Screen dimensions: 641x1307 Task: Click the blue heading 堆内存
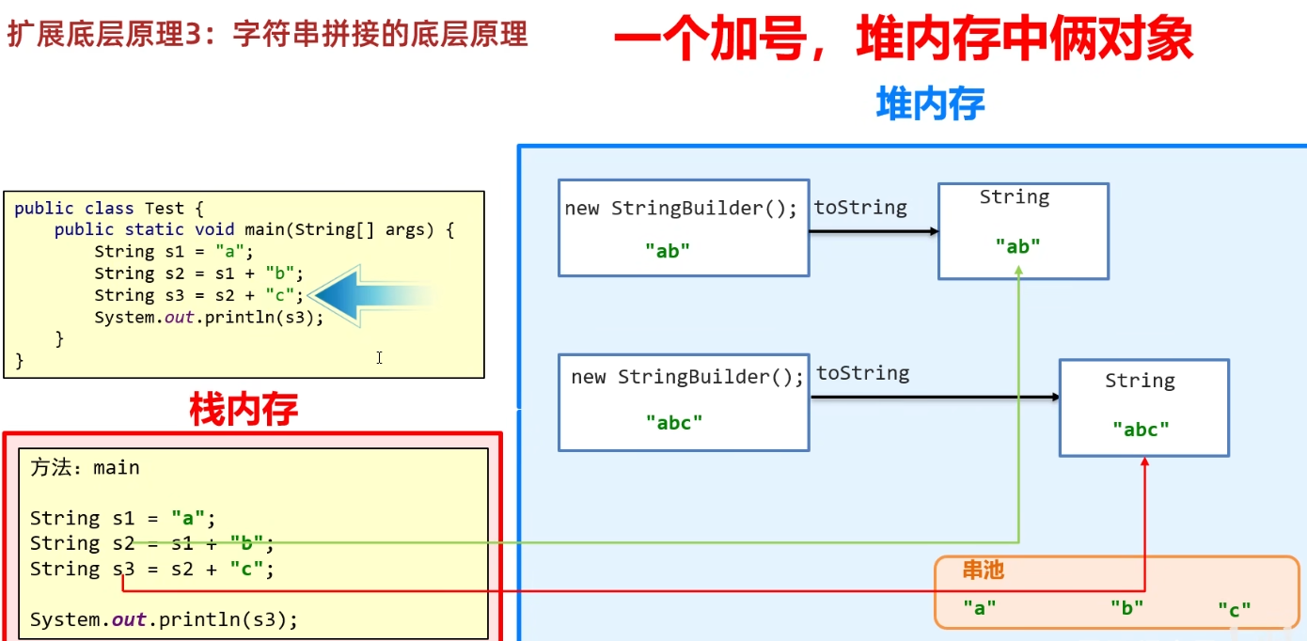pyautogui.click(x=930, y=103)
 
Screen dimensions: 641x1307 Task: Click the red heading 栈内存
pyautogui.click(x=244, y=410)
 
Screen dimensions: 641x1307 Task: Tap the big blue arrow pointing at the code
pyautogui.click(x=371, y=296)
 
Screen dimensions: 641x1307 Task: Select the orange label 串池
pyautogui.click(x=983, y=570)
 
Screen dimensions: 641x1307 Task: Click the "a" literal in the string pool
pyautogui.click(x=979, y=608)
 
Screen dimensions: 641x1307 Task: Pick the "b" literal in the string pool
pyautogui.click(x=1126, y=608)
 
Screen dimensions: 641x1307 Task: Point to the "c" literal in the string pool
pyautogui.click(x=1234, y=610)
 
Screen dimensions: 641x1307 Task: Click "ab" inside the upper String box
pyautogui.click(x=1017, y=246)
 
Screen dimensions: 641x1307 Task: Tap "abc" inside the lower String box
pyautogui.click(x=1141, y=430)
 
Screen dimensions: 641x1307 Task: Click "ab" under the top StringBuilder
pyautogui.click(x=668, y=250)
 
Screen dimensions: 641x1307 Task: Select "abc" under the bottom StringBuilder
pyautogui.click(x=673, y=423)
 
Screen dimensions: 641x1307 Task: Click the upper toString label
pyautogui.click(x=859, y=208)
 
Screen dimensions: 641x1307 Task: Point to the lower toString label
pyautogui.click(x=862, y=373)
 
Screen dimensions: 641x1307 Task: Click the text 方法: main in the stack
pyautogui.click(x=85, y=467)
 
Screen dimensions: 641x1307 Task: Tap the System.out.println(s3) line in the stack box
pyautogui.click(x=164, y=619)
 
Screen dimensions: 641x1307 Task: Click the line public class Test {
pyautogui.click(x=109, y=208)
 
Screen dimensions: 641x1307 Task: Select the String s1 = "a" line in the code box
pyautogui.click(x=174, y=251)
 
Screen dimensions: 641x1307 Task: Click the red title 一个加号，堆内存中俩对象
pyautogui.click(x=903, y=40)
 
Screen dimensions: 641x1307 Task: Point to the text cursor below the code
pyautogui.click(x=379, y=357)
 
